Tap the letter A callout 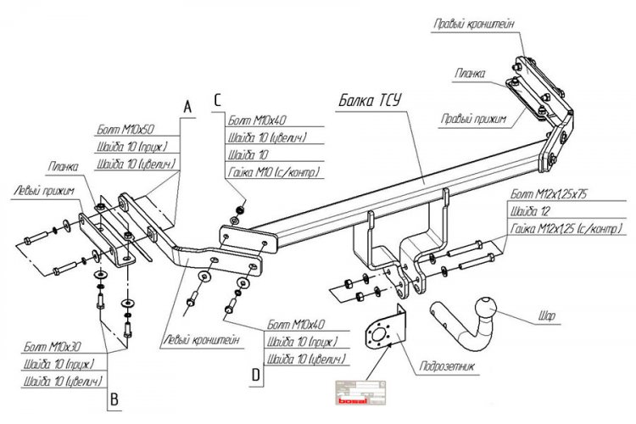tap(188, 106)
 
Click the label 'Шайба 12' tap(528, 212)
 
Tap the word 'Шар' tap(547, 316)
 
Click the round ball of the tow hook tap(488, 305)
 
